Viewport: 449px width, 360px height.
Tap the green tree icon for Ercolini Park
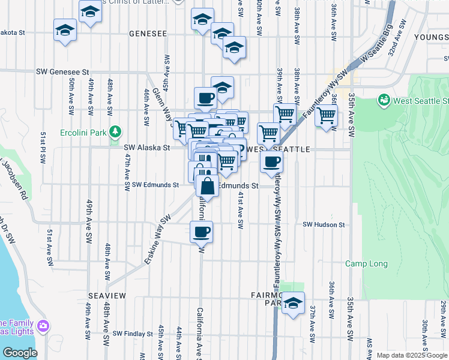click(114, 132)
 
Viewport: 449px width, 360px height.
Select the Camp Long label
click(366, 263)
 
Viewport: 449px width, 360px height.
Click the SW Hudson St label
click(324, 224)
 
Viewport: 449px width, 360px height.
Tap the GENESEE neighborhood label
click(147, 34)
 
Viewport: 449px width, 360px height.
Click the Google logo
click(19, 353)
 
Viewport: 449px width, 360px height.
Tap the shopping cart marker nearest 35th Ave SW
click(327, 115)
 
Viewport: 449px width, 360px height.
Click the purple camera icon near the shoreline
click(43, 326)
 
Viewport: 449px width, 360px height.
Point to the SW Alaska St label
click(147, 147)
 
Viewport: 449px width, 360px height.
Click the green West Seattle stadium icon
click(384, 100)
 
